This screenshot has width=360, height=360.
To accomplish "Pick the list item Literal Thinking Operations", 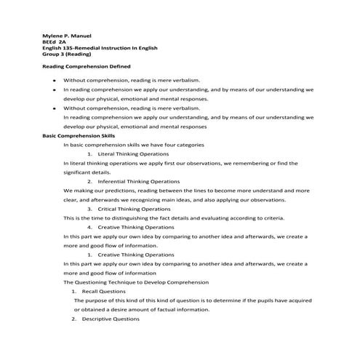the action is tap(133, 155).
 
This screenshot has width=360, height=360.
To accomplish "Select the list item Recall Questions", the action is tap(104, 291).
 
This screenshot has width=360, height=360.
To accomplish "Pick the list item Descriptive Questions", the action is tap(111, 319).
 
